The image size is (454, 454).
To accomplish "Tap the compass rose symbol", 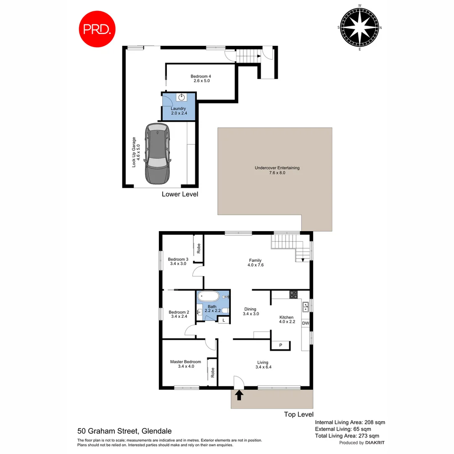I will pyautogui.click(x=359, y=27).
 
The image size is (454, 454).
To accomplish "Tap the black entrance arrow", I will pyautogui.click(x=239, y=395).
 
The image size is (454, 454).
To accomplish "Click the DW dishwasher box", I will pyautogui.click(x=306, y=323).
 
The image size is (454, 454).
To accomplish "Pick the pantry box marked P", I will pyautogui.click(x=281, y=345).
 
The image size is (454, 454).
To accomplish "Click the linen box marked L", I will pyautogui.click(x=224, y=320).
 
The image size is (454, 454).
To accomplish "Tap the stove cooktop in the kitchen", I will pyautogui.click(x=293, y=295).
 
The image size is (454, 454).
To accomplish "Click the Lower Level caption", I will pyautogui.click(x=180, y=194).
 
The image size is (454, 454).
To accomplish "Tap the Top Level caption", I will pyautogui.click(x=298, y=414).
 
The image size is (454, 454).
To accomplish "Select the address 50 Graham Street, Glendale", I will pyautogui.click(x=124, y=431).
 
